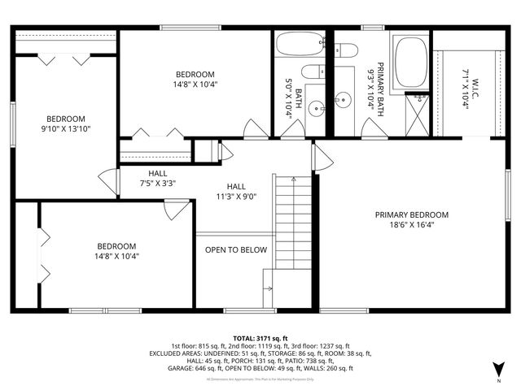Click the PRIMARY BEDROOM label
click(x=411, y=219)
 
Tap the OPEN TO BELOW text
click(x=235, y=249)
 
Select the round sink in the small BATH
click(x=317, y=104)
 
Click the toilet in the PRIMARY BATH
click(x=348, y=51)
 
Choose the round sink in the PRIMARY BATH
click(x=344, y=101)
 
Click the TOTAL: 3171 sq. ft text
click(x=260, y=338)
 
